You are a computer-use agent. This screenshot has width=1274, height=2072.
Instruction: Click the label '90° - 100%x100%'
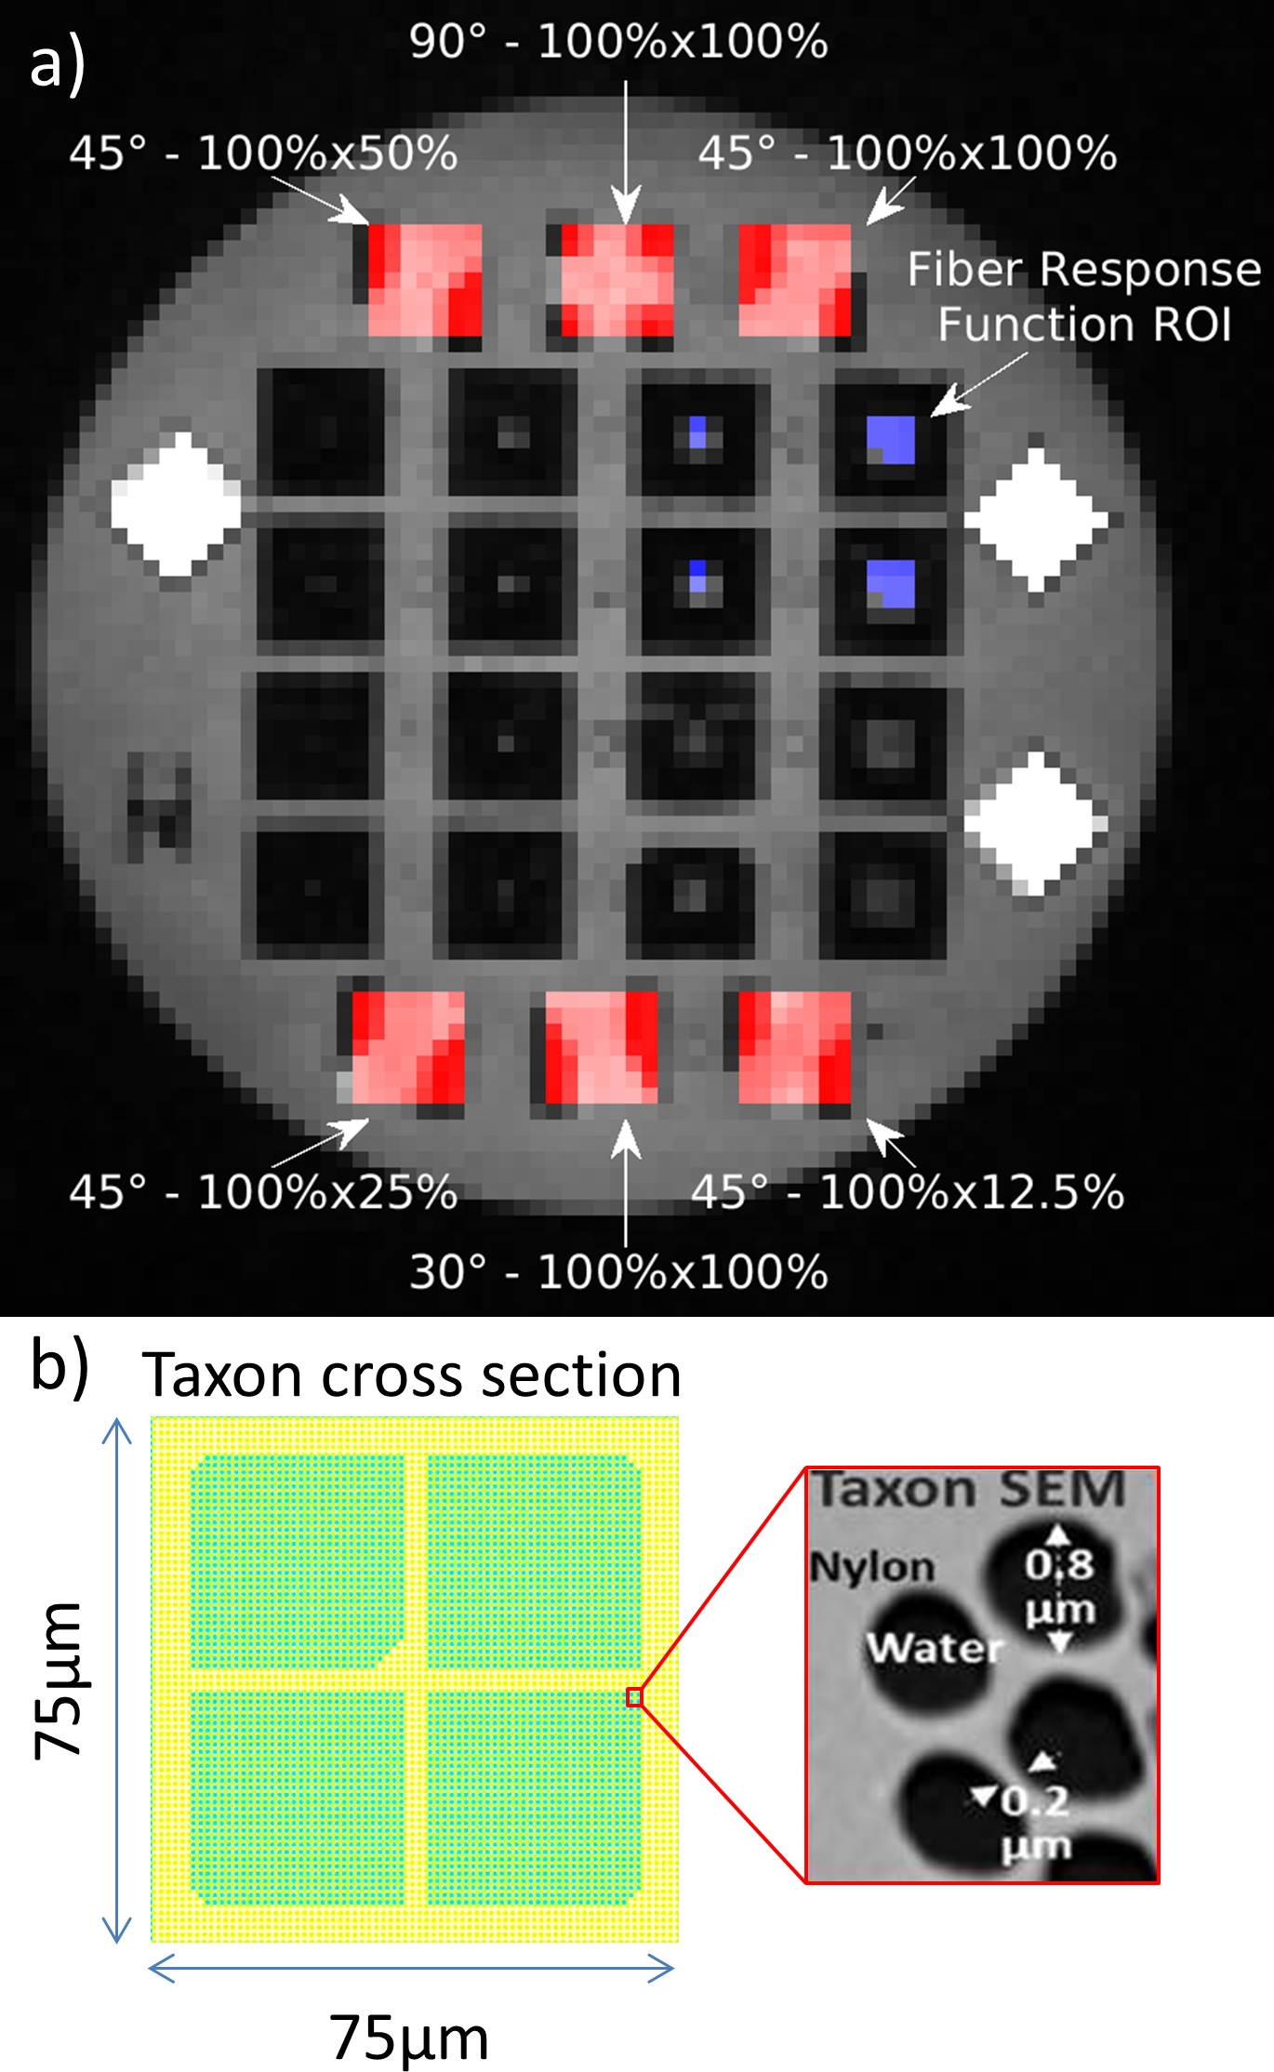pos(618,43)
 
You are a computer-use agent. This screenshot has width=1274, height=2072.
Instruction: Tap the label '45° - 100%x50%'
pos(263,153)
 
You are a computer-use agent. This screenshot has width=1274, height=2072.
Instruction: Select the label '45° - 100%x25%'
pos(263,1192)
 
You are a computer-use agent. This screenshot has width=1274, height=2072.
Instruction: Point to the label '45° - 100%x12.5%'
pos(907,1192)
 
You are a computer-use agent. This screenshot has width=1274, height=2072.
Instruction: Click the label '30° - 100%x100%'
pos(618,1272)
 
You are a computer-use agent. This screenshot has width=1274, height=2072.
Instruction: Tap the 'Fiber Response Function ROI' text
pos(1084,297)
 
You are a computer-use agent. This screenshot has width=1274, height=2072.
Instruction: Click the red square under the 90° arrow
pos(617,280)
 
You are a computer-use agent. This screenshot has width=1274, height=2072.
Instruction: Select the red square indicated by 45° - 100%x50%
pos(425,280)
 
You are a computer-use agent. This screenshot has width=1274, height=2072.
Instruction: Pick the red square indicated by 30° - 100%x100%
pos(601,1047)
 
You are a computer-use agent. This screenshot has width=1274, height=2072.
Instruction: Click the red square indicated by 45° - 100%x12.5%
pos(794,1047)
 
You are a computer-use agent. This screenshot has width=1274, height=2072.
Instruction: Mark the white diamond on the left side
pos(175,504)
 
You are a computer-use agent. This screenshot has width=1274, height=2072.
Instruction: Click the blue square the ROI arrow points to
pos(891,440)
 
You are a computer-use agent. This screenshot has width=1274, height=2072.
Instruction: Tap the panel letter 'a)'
pos(58,63)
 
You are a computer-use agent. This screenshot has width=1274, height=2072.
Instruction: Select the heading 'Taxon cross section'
pos(411,1375)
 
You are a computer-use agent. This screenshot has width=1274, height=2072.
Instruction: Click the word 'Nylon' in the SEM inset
pos(871,1567)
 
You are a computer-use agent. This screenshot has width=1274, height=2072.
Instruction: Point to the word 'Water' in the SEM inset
pos(934,1648)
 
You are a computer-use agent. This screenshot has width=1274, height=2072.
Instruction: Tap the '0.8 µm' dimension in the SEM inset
pos(1060,1587)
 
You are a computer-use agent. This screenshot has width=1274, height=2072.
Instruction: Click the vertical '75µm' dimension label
pos(58,1680)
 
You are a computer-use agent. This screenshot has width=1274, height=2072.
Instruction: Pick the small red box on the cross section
pos(634,1697)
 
